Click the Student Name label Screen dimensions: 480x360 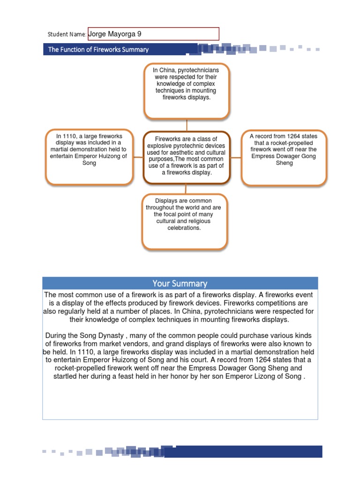67,34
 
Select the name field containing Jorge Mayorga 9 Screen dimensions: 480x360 153,34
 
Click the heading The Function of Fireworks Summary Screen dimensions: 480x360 98,50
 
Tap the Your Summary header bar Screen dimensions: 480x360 180,283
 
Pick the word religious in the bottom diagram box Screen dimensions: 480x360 199,221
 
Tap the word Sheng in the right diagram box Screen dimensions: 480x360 284,163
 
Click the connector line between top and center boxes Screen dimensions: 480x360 187,125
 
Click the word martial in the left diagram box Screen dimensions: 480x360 59,150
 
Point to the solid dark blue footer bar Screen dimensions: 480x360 244,451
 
